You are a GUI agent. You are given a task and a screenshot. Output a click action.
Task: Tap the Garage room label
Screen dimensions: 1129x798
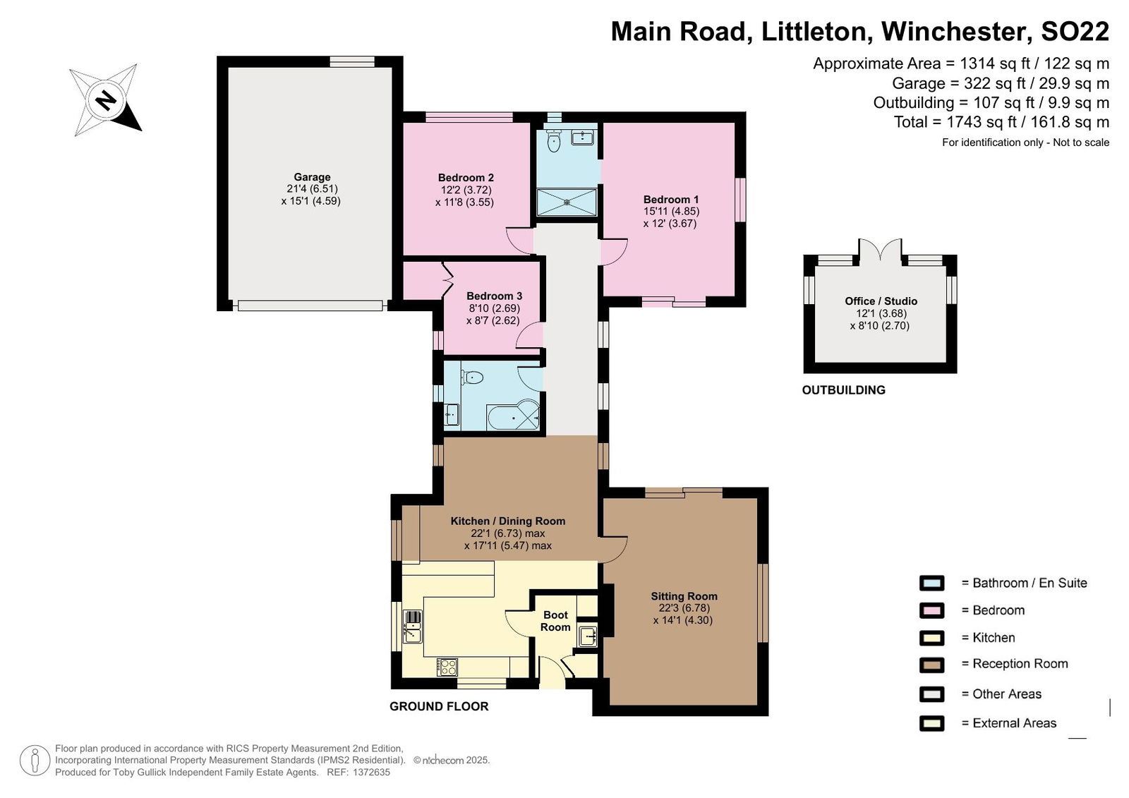click(312, 177)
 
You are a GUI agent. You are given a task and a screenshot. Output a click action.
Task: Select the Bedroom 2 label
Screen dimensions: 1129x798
click(466, 177)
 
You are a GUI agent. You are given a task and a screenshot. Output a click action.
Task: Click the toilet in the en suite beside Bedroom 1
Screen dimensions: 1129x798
click(553, 140)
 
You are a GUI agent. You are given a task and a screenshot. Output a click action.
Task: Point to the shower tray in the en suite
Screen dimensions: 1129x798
click(567, 202)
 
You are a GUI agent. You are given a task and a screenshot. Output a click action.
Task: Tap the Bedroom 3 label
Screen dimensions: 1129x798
click(494, 296)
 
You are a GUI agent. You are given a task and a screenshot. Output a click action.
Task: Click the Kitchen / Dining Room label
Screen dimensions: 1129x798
click(507, 521)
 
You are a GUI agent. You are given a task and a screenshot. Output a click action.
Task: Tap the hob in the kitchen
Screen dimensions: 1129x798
click(447, 667)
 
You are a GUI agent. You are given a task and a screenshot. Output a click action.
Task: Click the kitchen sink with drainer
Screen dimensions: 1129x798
click(412, 627)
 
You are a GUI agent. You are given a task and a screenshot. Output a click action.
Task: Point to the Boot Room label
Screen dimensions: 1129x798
click(555, 621)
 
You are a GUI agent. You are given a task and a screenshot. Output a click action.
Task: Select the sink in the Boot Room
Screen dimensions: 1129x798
click(588, 636)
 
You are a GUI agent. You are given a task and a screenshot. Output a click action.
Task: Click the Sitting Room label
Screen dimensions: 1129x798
click(684, 596)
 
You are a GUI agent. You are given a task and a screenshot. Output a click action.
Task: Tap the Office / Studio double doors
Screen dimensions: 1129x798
click(880, 250)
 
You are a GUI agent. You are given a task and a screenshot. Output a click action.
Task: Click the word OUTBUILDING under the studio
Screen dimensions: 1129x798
click(844, 390)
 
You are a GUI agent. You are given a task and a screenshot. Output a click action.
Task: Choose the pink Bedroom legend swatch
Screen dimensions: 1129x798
click(931, 610)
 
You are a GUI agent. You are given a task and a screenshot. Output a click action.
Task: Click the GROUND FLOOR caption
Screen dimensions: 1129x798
click(439, 706)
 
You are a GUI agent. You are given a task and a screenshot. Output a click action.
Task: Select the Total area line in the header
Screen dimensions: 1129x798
click(1001, 122)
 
